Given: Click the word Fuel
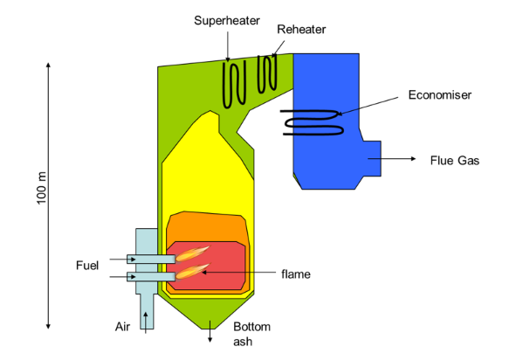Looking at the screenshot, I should tap(87, 263).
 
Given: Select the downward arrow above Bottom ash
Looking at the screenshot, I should tap(210, 326).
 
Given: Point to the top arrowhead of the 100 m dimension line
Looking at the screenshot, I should tap(49, 66).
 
